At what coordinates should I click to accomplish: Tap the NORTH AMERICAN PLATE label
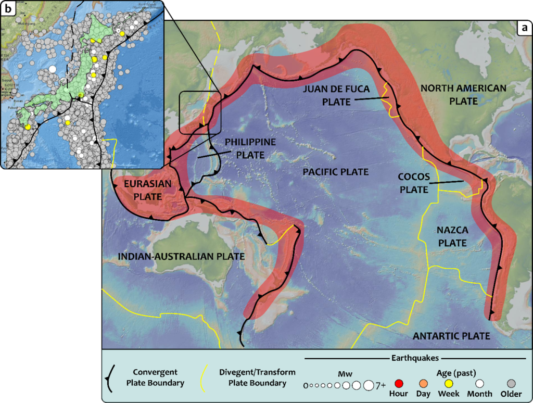point(463,94)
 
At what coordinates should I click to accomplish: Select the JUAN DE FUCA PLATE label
point(337,95)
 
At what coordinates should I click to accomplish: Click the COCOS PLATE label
point(414,183)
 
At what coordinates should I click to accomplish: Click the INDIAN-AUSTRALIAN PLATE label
point(182,256)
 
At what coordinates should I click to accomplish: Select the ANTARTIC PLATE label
point(451,336)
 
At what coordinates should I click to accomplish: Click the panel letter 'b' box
point(9,9)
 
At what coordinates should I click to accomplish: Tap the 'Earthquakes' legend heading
point(415,358)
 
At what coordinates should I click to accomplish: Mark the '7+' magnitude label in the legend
point(380,386)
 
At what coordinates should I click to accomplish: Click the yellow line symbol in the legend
point(207,377)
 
